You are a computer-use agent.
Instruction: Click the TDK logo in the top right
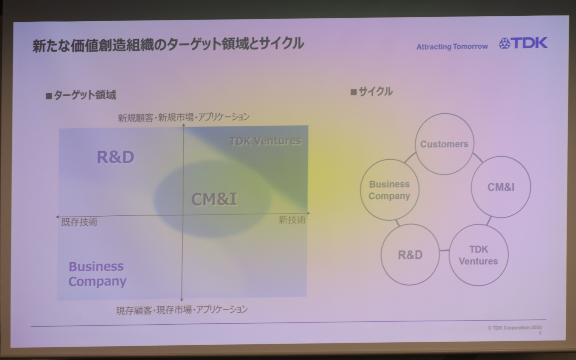[x=523, y=43]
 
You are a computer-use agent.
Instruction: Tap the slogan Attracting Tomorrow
[x=452, y=47]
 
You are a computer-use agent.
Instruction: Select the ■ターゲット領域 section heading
[x=81, y=95]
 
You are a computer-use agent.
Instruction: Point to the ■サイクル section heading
[x=372, y=92]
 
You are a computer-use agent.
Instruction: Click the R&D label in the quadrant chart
[x=115, y=157]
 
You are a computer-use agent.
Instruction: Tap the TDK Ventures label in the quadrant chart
[x=265, y=141]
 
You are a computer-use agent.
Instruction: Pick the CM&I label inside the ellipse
[x=214, y=199]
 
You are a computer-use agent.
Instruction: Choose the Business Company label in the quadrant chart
[x=97, y=274]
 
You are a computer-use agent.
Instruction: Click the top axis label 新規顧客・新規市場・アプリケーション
[x=183, y=117]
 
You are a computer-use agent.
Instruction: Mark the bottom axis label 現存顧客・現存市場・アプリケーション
[x=182, y=310]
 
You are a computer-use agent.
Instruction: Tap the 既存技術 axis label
[x=79, y=222]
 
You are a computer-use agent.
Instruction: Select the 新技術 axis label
[x=292, y=220]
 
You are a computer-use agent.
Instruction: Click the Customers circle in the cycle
[x=444, y=144]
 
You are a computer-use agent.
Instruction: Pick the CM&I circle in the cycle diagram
[x=501, y=187]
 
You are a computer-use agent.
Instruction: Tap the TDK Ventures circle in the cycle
[x=478, y=255]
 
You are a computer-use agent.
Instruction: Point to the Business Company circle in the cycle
[x=389, y=190]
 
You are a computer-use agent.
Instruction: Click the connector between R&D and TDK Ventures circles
[x=444, y=250]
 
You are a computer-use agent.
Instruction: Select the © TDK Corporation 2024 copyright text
[x=514, y=328]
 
